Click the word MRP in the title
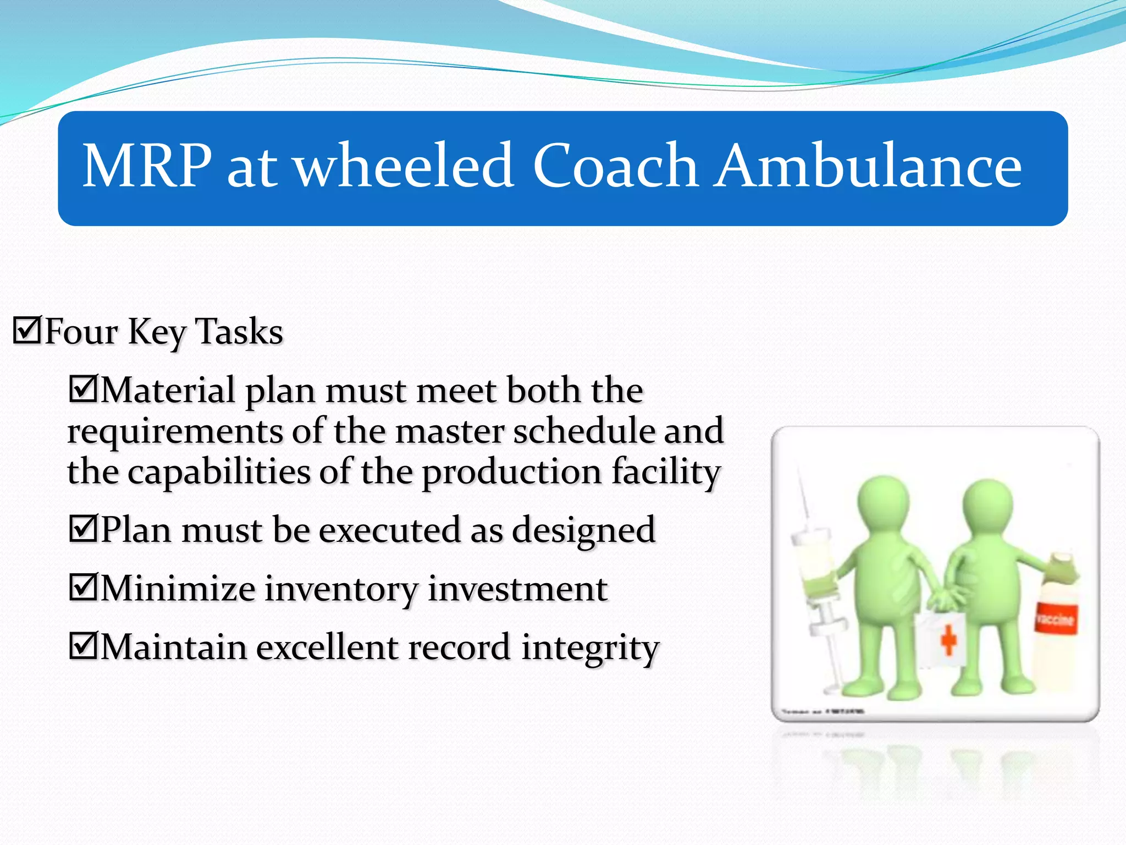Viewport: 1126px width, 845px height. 147,166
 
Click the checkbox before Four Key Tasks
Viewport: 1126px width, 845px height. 27,330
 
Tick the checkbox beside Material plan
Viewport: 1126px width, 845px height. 83,388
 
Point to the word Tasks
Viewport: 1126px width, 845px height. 239,332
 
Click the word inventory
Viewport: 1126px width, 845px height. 341,590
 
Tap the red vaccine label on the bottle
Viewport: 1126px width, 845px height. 1055,619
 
